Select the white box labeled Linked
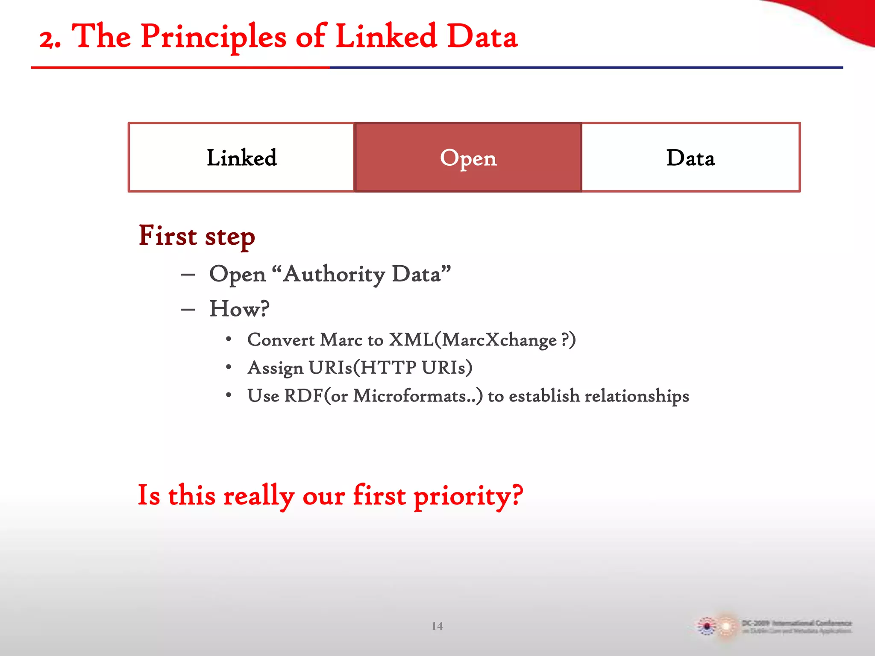[241, 158]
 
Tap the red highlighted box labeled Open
[468, 158]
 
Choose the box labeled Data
[690, 158]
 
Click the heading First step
[197, 236]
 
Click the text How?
[239, 309]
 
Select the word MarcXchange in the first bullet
[499, 340]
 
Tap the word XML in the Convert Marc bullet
[411, 340]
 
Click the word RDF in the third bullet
[303, 395]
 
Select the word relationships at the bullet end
[637, 395]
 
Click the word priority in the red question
[467, 496]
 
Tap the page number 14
[437, 626]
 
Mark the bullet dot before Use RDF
[229, 395]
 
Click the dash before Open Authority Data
[188, 275]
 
